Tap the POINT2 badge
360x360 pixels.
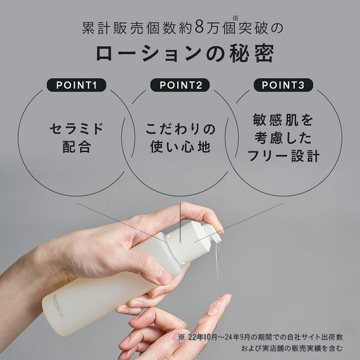(180, 85)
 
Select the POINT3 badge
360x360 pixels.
(283, 85)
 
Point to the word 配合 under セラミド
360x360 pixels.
(76, 148)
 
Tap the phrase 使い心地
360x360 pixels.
(180, 148)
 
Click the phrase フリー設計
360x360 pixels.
(283, 156)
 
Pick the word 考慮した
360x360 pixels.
(283, 137)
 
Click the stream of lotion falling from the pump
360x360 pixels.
(217, 271)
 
